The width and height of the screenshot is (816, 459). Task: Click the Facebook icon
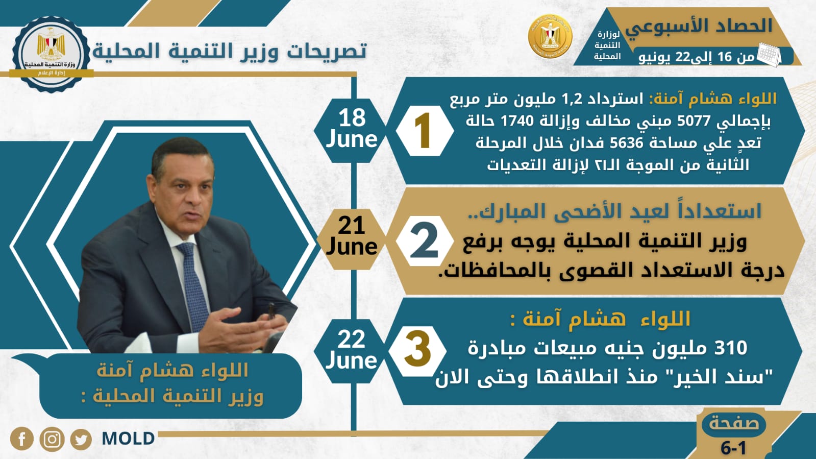[22, 439]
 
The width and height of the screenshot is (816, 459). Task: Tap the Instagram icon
[52, 439]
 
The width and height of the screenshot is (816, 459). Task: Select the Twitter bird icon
[81, 439]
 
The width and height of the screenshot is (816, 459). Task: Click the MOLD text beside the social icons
[128, 439]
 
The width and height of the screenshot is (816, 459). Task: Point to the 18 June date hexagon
[352, 129]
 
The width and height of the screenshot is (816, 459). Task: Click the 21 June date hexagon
[351, 236]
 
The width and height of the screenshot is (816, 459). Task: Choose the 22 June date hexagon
[351, 350]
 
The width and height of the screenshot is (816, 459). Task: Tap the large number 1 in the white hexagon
[423, 131]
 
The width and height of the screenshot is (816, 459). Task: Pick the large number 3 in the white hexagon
[418, 350]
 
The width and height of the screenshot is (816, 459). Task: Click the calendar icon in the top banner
[769, 54]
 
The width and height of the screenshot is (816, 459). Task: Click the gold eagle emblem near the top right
[550, 37]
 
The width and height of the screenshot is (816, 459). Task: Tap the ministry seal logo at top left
[51, 53]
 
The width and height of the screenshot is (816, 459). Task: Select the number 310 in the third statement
[731, 348]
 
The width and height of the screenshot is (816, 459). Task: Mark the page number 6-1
[733, 448]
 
